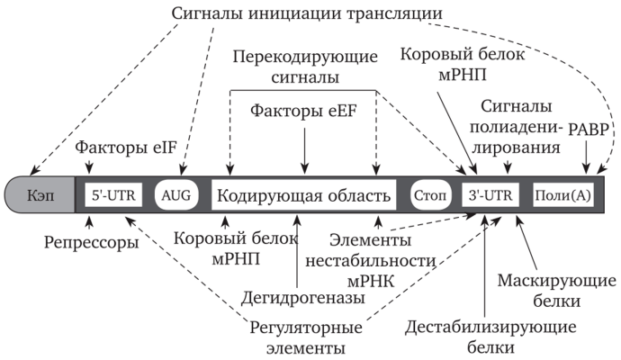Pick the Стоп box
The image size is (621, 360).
pyautogui.click(x=429, y=195)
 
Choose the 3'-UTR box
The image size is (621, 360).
pyautogui.click(x=492, y=195)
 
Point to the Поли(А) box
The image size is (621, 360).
pyautogui.click(x=562, y=195)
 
